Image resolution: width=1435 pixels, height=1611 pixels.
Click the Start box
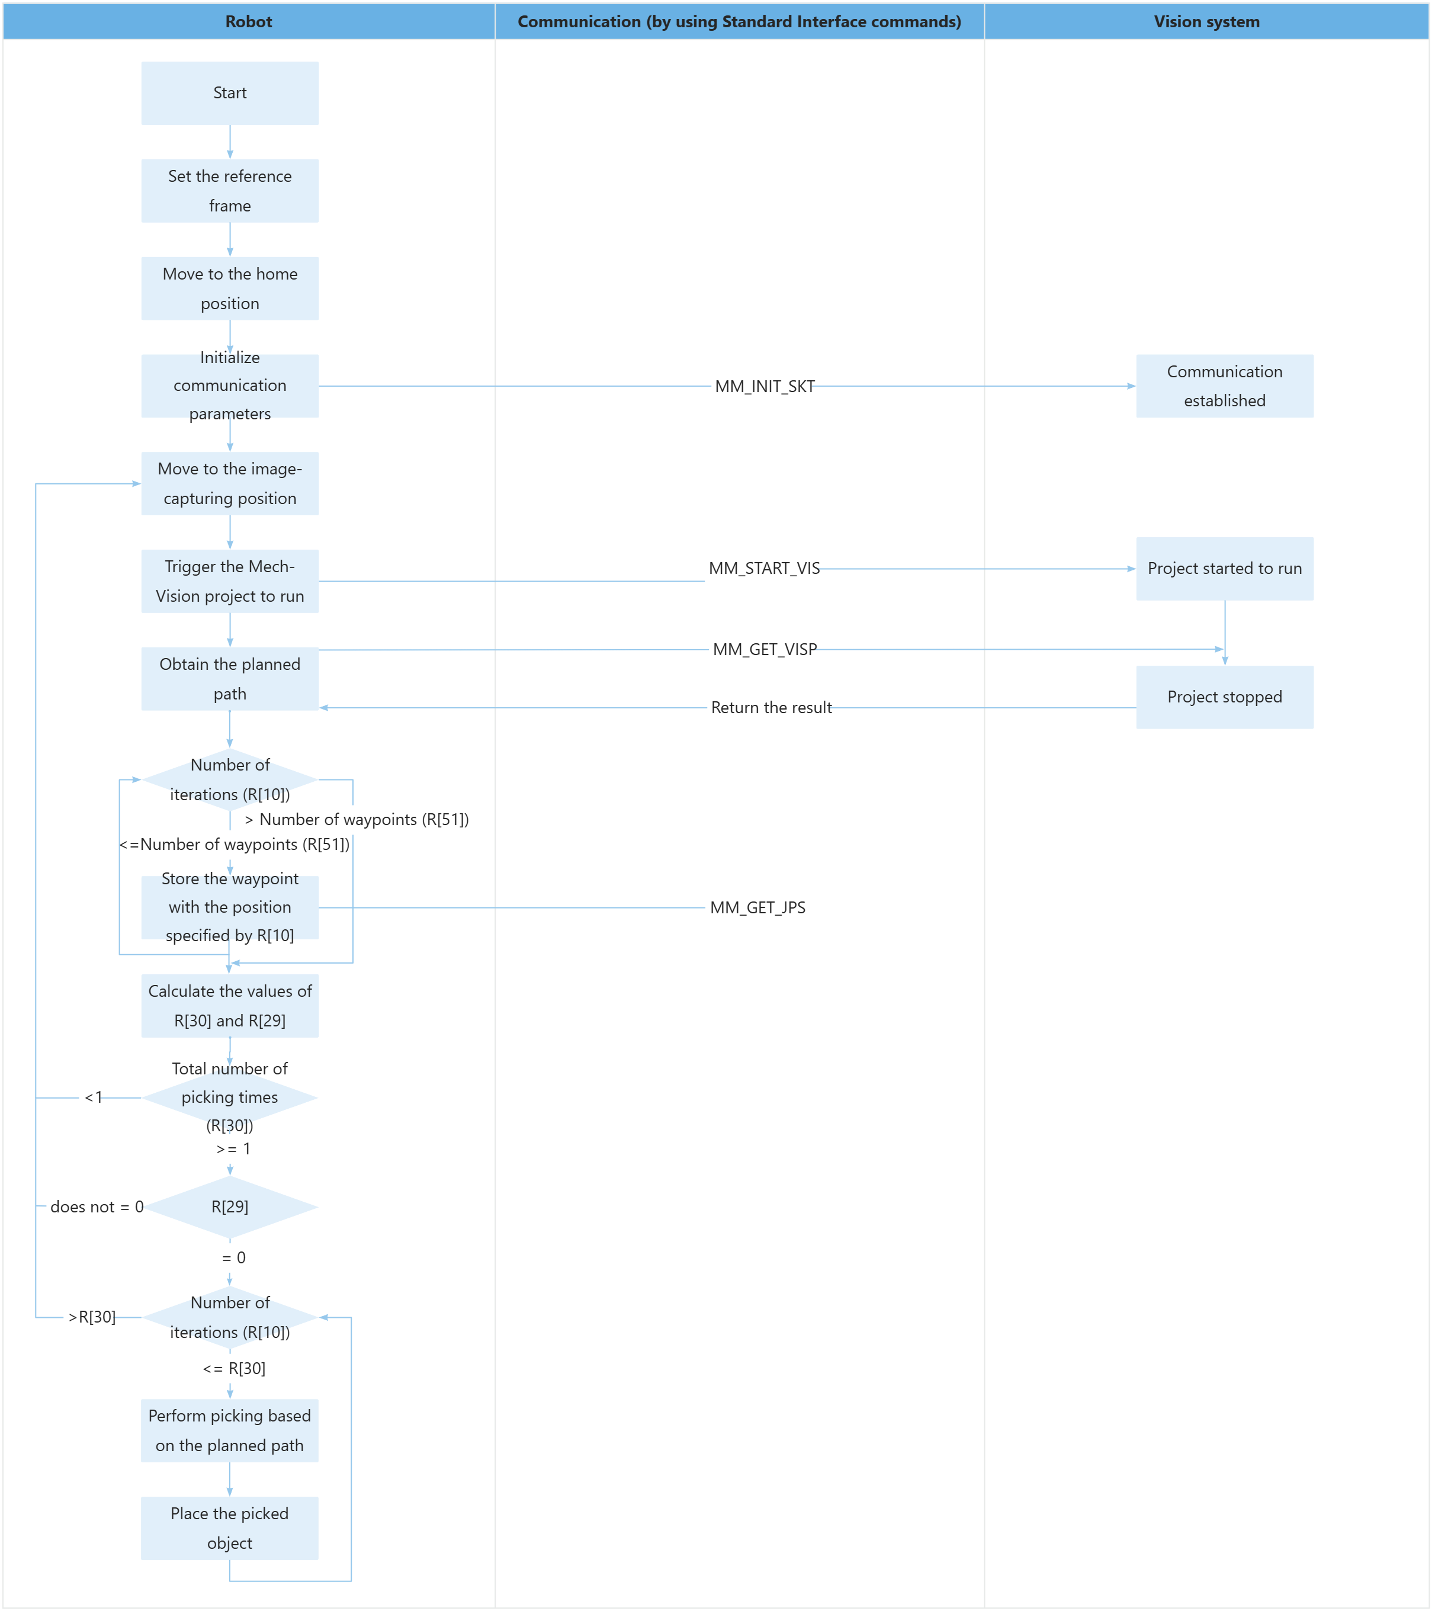pyautogui.click(x=229, y=93)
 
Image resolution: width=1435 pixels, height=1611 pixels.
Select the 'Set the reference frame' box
pyautogui.click(x=229, y=191)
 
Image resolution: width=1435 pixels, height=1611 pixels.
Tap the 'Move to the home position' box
pyautogui.click(x=229, y=288)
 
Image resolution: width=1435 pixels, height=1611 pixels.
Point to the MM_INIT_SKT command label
pyautogui.click(x=764, y=386)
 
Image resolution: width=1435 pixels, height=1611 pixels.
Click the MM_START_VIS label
pyautogui.click(x=763, y=569)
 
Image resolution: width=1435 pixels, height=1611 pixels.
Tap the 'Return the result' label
pyautogui.click(x=771, y=707)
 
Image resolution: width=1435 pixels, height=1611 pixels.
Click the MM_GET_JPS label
pyautogui.click(x=757, y=907)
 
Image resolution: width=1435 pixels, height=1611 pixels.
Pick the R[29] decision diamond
pyautogui.click(x=229, y=1206)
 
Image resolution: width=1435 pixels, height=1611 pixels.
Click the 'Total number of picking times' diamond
pyautogui.click(x=229, y=1097)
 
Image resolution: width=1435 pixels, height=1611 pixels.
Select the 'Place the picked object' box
pyautogui.click(x=229, y=1527)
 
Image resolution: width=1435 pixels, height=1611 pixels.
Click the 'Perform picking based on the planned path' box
pyautogui.click(x=229, y=1430)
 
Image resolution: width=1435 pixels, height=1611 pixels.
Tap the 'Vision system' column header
pyautogui.click(x=1206, y=21)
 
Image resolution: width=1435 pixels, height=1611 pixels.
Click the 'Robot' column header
pyautogui.click(x=248, y=21)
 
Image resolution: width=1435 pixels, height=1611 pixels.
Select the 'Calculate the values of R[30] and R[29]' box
pyautogui.click(x=229, y=1006)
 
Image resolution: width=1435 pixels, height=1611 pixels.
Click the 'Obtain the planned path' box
pyautogui.click(x=229, y=679)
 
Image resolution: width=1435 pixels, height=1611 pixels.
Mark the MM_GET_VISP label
pyautogui.click(x=764, y=649)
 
